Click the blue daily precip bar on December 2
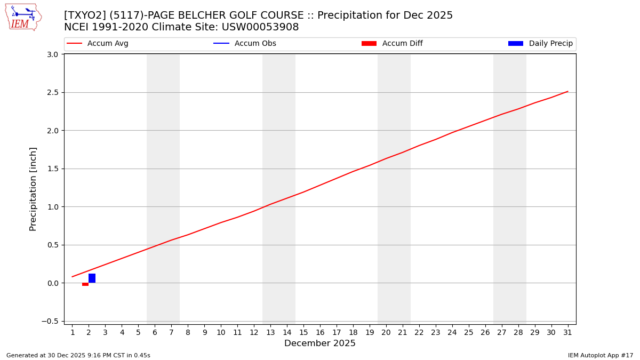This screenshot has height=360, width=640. click(92, 278)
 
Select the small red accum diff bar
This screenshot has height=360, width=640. click(85, 284)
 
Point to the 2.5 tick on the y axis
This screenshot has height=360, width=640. click(52, 92)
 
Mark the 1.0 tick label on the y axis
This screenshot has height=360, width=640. click(52, 207)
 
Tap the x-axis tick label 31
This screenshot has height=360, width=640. click(567, 333)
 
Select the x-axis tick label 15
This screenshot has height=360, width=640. click(303, 333)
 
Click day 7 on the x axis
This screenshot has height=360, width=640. click(171, 333)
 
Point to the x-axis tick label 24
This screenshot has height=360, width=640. click(452, 333)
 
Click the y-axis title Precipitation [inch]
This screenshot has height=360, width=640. click(33, 189)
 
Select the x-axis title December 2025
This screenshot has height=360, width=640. click(320, 343)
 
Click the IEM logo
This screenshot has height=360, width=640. click(23, 17)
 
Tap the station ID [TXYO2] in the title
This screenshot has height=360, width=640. click(84, 15)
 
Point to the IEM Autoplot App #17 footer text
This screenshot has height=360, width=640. click(600, 355)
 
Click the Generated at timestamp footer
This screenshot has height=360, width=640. click(78, 355)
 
